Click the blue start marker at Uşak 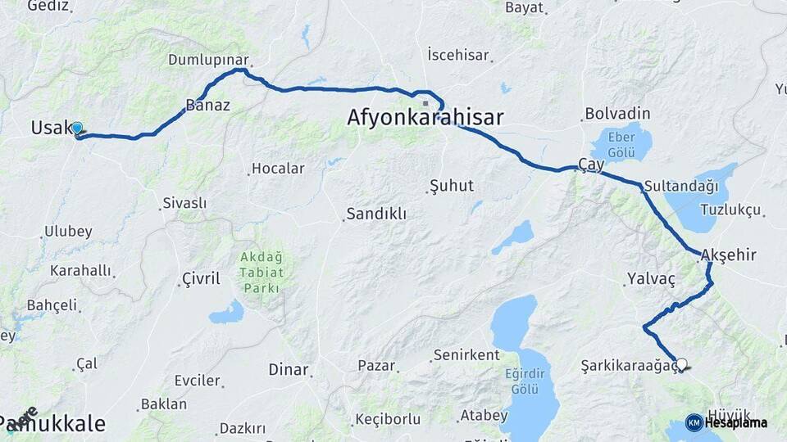77,129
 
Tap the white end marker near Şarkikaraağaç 680,365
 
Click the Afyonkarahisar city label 425,117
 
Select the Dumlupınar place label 207,60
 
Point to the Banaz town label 207,105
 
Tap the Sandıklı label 376,214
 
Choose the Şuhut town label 452,186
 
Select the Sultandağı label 680,186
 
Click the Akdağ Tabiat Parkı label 261,273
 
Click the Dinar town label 289,369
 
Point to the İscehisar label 458,56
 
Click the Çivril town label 200,279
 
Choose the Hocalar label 278,169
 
